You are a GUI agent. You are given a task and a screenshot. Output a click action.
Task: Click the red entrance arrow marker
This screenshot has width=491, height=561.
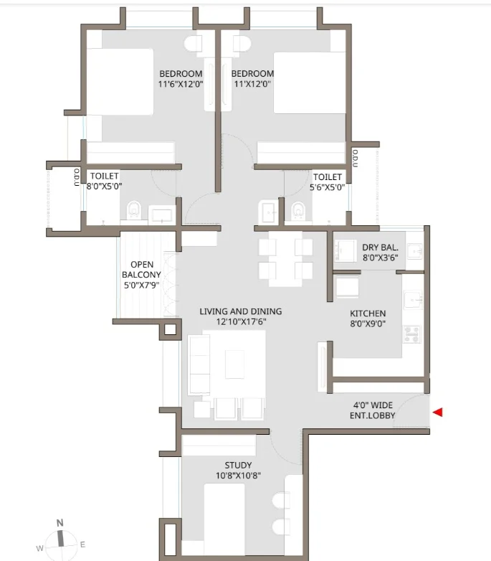pyautogui.click(x=438, y=412)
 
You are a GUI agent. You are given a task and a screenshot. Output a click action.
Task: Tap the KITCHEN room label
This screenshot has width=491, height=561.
pyautogui.click(x=368, y=313)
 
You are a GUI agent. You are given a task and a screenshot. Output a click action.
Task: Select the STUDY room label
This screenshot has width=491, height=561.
pyautogui.click(x=238, y=465)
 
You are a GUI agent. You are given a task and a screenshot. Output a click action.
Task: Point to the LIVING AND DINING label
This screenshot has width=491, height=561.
pyautogui.click(x=241, y=311)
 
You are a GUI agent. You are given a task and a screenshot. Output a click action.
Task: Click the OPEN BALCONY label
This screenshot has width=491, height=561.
pyautogui.click(x=141, y=270)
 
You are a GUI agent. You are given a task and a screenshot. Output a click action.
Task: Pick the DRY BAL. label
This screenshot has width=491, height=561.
pyautogui.click(x=380, y=247)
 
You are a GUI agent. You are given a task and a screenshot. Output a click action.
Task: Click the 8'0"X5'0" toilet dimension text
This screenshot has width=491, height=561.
pyautogui.click(x=105, y=186)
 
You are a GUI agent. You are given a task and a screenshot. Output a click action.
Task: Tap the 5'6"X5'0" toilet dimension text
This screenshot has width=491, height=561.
pyautogui.click(x=327, y=187)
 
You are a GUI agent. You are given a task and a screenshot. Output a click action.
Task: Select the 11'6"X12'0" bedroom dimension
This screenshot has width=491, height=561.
pyautogui.click(x=181, y=84)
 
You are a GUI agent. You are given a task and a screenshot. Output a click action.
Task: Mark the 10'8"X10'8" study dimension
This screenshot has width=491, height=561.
pyautogui.click(x=238, y=476)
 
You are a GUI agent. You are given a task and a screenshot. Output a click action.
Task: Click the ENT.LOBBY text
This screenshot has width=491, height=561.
pyautogui.click(x=372, y=415)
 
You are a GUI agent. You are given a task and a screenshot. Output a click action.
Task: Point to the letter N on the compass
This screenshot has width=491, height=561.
pyautogui.click(x=59, y=523)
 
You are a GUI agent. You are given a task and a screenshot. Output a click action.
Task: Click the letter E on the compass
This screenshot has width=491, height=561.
pyautogui.click(x=82, y=544)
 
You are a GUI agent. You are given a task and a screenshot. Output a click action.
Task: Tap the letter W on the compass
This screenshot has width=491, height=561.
pyautogui.click(x=39, y=548)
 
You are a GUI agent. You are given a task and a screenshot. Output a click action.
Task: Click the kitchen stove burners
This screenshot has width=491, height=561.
pyautogui.click(x=412, y=334)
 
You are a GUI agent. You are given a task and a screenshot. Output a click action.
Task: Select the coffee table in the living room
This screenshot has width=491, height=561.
pyautogui.click(x=235, y=364)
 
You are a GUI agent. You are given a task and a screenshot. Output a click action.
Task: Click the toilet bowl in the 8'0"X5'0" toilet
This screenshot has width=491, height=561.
pyautogui.click(x=134, y=210)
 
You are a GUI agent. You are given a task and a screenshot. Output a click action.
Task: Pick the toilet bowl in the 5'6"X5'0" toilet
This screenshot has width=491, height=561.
pyautogui.click(x=298, y=211)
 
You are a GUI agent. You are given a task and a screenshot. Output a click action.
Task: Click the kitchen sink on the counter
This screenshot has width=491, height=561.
pyautogui.click(x=413, y=300)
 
